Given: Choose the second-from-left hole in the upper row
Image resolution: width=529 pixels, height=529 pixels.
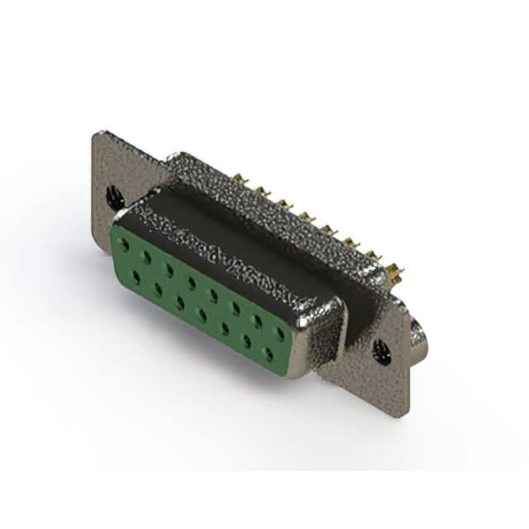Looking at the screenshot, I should pyautogui.click(x=147, y=258).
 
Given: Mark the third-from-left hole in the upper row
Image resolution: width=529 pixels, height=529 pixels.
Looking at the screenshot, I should pyautogui.click(x=169, y=269).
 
